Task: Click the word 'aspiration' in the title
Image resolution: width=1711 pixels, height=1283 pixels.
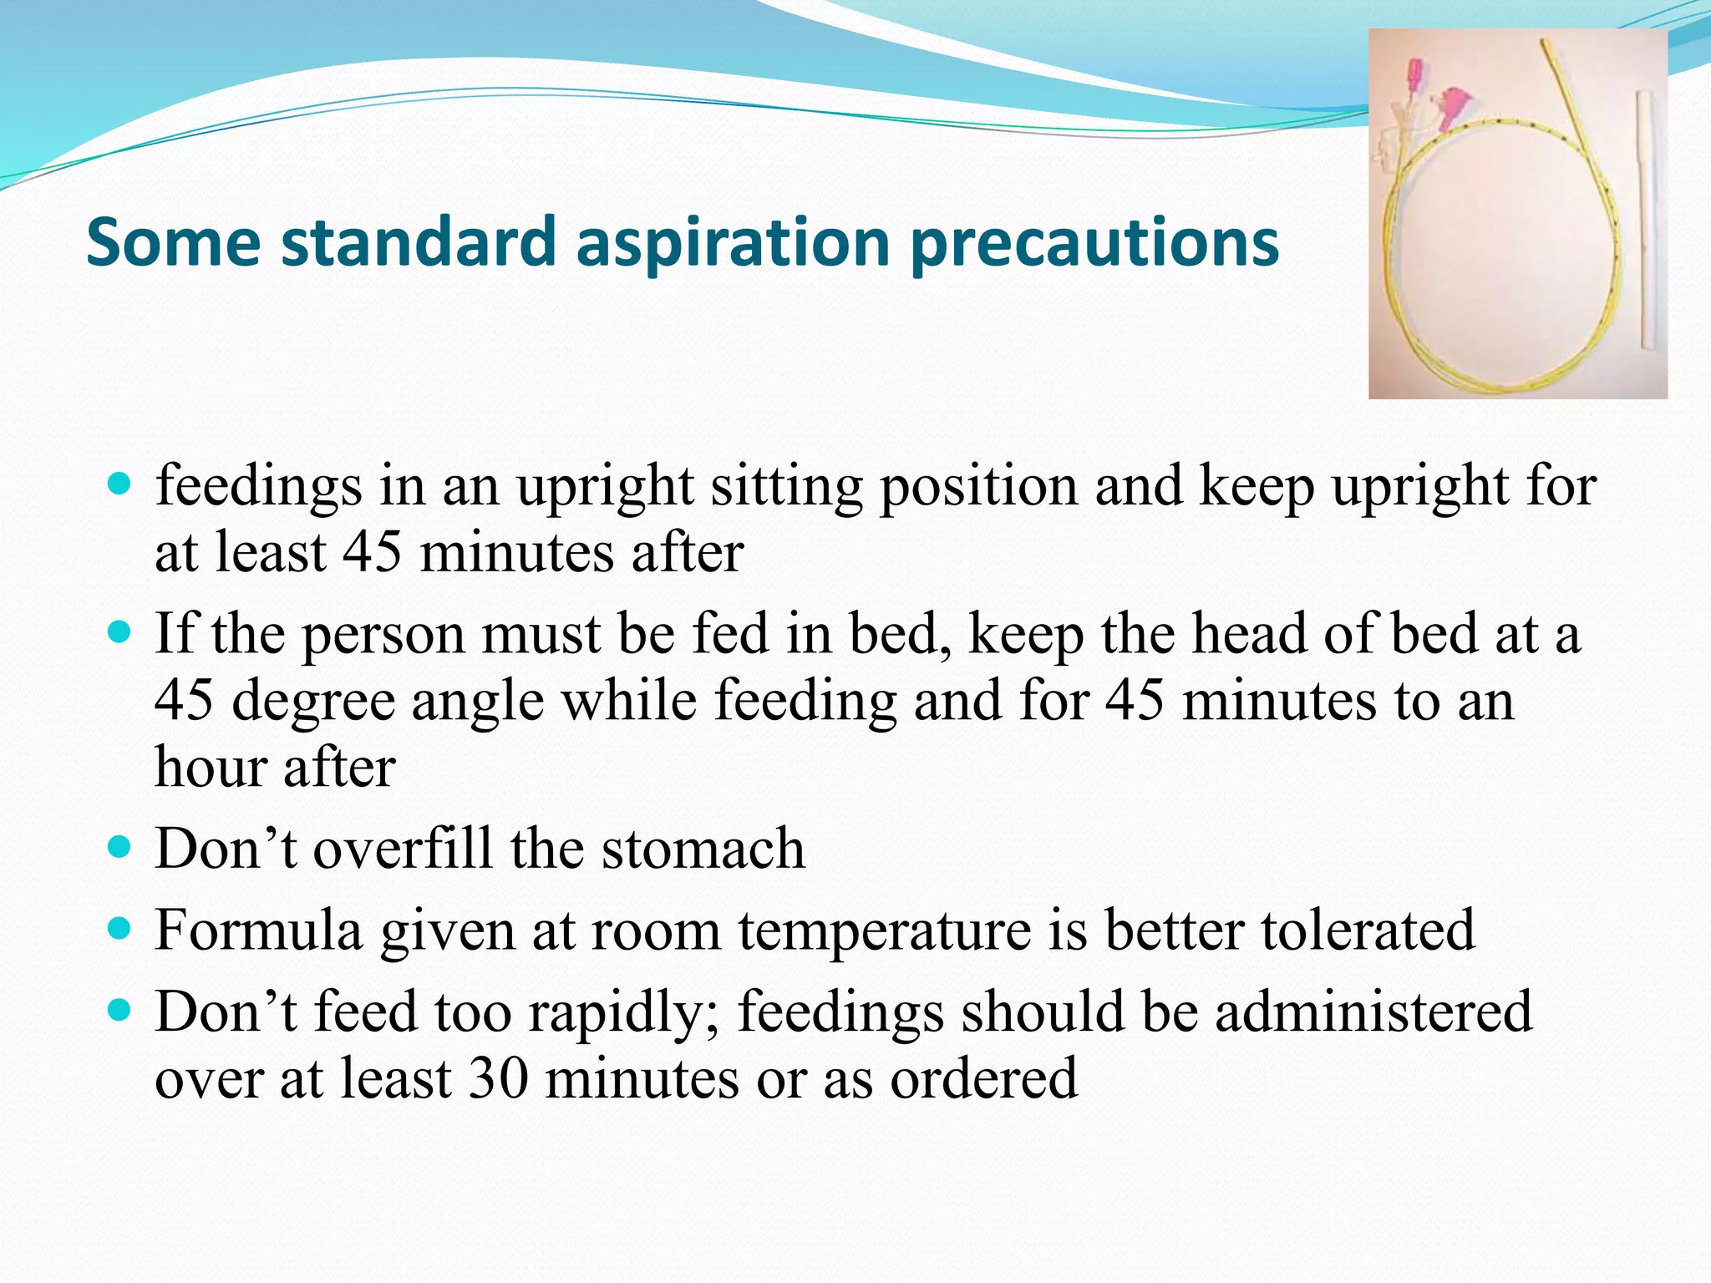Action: pos(733,242)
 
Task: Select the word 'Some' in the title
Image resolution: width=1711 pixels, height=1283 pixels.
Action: pos(174,242)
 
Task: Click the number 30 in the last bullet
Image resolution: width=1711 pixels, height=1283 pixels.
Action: pos(499,1078)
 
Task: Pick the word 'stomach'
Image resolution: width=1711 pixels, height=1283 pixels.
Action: pos(703,849)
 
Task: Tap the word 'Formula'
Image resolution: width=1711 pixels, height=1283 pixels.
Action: pos(259,930)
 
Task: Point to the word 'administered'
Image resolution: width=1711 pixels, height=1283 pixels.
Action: pos(1373,1011)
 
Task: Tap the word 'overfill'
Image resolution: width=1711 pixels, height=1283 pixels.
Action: pos(403,849)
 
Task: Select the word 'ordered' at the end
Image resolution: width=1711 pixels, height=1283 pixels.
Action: pos(983,1078)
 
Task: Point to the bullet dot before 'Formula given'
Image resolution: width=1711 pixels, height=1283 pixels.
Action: pos(120,927)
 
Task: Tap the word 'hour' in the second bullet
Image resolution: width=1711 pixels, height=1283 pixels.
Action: pos(210,767)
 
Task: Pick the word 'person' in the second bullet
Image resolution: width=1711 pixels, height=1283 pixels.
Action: pos(383,635)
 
